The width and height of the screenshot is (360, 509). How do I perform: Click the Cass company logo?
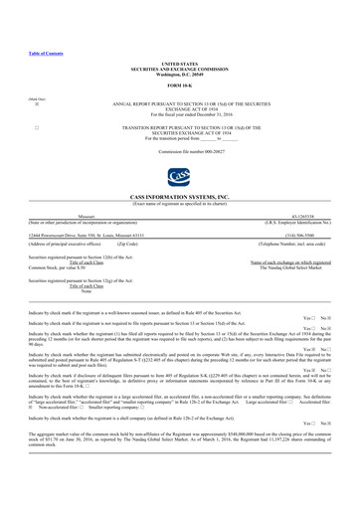pos(180,178)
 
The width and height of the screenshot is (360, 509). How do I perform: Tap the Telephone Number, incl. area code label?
pos(294,244)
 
